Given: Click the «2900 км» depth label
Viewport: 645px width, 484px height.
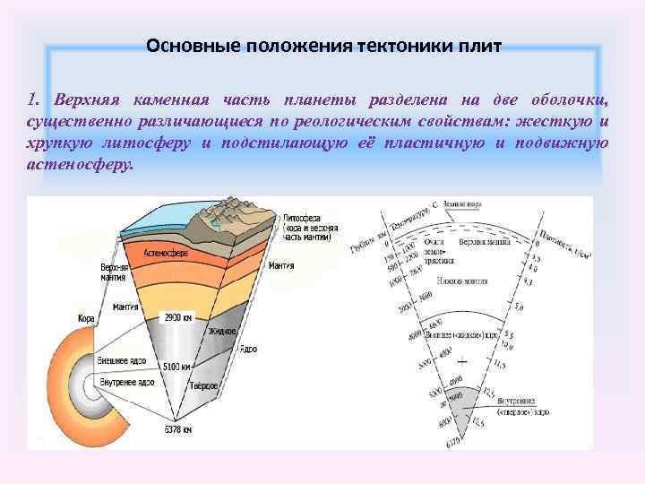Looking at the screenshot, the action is (x=178, y=316).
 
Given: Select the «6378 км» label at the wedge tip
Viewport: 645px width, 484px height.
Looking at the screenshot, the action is (x=177, y=429).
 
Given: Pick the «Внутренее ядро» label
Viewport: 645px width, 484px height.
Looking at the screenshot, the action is (x=128, y=382).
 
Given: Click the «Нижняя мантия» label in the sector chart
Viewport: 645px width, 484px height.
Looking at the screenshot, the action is (x=462, y=281).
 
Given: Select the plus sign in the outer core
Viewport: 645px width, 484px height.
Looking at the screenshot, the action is (x=462, y=361).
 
